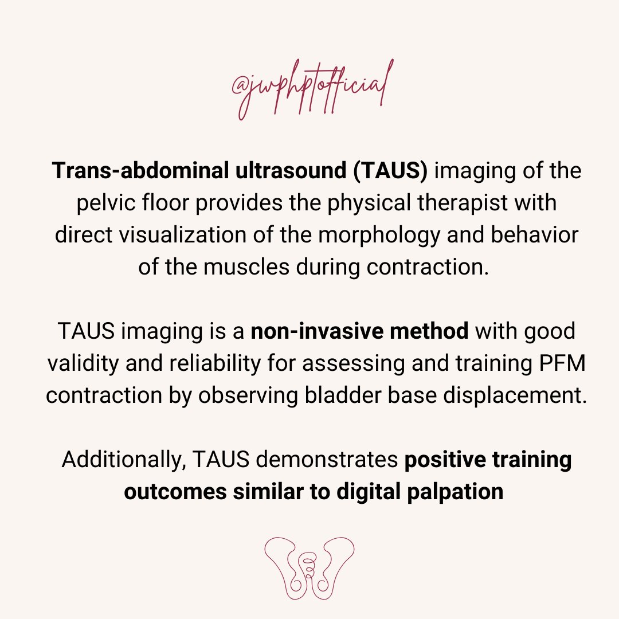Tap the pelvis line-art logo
click(309, 568)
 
